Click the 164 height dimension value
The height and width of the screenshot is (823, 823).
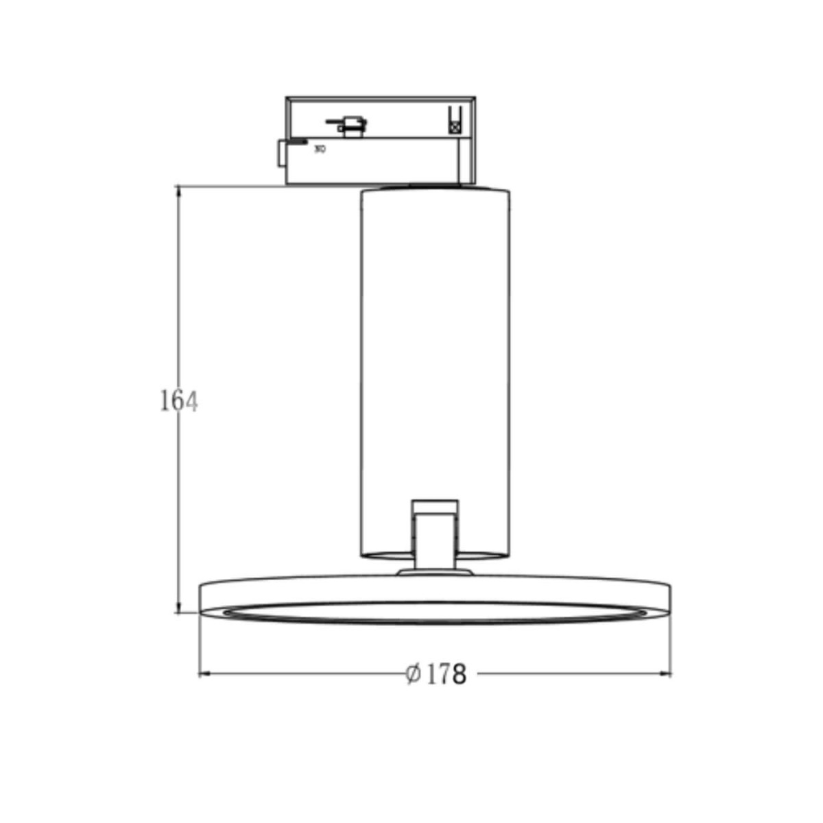[x=178, y=401]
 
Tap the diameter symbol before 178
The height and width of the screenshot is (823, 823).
[x=413, y=675]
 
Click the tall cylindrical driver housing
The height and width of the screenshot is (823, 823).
[x=435, y=343]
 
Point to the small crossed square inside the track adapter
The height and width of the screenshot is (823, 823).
[x=453, y=126]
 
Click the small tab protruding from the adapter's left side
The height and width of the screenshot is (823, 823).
[x=281, y=153]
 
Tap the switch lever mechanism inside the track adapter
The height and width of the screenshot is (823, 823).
[x=348, y=124]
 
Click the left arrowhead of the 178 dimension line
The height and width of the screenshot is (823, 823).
[x=203, y=675]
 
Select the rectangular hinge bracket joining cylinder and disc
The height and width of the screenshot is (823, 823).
[x=435, y=538]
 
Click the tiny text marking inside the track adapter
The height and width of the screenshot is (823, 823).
[x=320, y=147]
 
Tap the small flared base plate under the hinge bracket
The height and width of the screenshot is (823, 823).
[x=435, y=571]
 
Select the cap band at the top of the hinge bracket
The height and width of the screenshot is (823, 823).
[x=435, y=506]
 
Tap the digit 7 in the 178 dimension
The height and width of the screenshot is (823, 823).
[x=444, y=675]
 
